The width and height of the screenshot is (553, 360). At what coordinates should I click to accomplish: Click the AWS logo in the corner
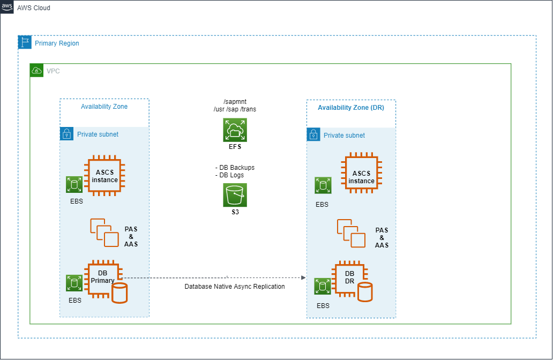click(7, 7)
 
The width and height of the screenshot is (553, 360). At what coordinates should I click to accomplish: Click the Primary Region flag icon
click(25, 42)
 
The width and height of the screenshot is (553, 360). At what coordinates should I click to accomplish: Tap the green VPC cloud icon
click(36, 71)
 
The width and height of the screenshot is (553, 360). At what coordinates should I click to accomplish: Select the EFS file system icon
click(235, 130)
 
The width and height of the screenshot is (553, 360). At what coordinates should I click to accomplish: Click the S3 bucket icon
click(235, 195)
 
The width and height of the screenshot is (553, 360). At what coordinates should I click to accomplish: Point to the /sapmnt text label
click(235, 102)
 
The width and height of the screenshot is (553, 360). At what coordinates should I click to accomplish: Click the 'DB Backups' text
click(237, 168)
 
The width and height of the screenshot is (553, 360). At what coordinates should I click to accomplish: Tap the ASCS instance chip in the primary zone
click(104, 176)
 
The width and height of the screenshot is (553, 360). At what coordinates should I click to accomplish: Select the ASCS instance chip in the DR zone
click(362, 173)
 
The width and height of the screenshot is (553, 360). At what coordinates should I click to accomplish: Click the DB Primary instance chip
click(103, 279)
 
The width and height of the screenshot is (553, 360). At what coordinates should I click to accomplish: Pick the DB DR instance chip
click(349, 279)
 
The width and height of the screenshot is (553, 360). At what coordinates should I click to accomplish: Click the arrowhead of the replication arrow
click(303, 278)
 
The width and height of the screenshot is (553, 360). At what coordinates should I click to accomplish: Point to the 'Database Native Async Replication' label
click(235, 287)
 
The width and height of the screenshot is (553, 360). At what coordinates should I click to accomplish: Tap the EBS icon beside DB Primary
click(74, 283)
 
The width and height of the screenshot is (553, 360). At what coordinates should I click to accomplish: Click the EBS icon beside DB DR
click(323, 286)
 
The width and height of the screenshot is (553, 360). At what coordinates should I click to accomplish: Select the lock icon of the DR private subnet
click(313, 134)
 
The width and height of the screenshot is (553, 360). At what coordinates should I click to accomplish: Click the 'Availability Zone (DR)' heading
click(351, 108)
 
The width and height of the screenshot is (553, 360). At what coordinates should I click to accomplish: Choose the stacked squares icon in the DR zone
click(351, 233)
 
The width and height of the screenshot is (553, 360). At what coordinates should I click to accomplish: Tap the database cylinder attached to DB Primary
click(119, 293)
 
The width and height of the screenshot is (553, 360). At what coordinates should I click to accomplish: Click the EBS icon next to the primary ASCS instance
click(74, 184)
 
